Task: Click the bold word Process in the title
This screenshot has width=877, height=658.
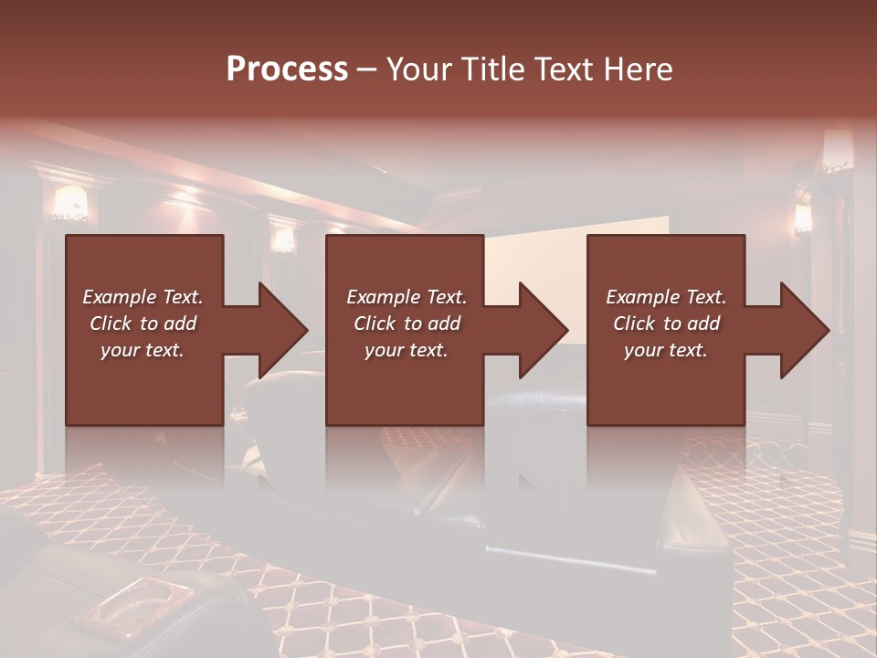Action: tap(287, 69)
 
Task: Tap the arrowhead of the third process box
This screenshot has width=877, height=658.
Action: tap(804, 330)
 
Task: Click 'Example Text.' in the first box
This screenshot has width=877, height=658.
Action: tap(143, 297)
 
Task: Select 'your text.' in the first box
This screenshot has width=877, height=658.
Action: tap(143, 350)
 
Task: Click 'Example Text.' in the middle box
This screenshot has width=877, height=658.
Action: tap(407, 297)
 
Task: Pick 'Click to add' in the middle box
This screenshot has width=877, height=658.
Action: tap(407, 324)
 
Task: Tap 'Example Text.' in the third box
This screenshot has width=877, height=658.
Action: tap(666, 297)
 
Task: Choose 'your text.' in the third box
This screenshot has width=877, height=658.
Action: tap(666, 350)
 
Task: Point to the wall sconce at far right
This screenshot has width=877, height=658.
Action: tap(803, 218)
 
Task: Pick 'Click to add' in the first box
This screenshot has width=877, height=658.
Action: tap(143, 324)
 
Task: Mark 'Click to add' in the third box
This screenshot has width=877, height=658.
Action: tap(666, 324)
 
